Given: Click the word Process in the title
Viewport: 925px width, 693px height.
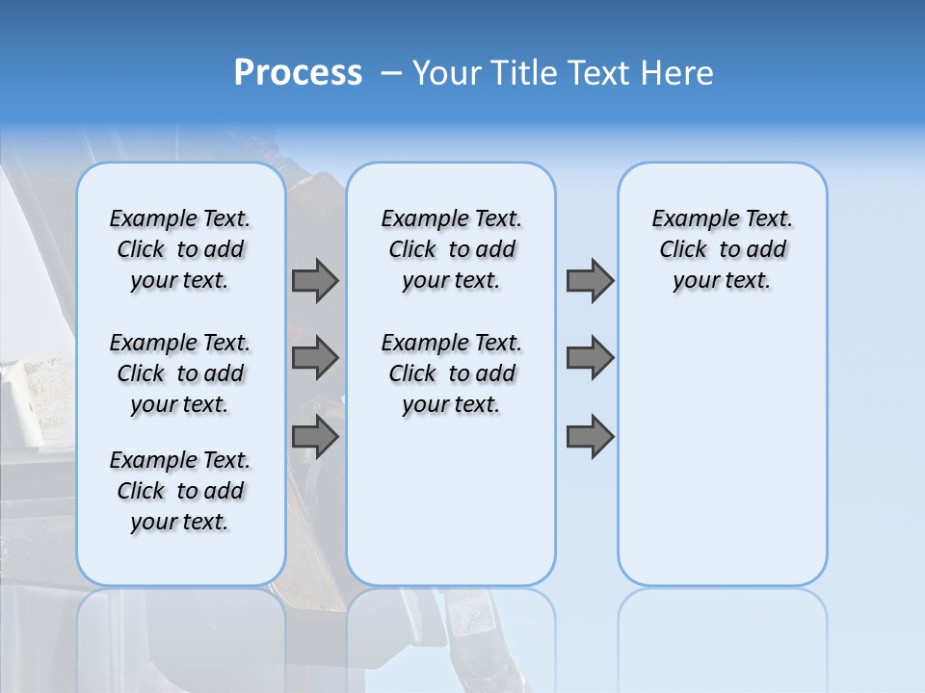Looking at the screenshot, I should pos(298,72).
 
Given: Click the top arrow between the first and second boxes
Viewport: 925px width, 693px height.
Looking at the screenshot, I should pos(315,280).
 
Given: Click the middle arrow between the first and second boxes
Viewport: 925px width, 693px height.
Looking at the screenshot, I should pos(315,358).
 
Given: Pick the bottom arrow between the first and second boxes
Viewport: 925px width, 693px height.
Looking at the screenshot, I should pos(315,437).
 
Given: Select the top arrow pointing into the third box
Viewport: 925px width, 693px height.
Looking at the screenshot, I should pos(590,280).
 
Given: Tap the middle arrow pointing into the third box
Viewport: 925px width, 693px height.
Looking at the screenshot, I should pos(590,358).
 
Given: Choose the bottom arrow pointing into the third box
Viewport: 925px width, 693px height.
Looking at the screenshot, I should pos(590,437).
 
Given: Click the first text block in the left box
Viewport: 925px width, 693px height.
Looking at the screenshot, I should pos(180,249).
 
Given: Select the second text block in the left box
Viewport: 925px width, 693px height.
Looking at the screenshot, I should pos(180,373).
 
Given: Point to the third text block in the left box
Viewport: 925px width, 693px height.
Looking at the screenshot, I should pos(180,491).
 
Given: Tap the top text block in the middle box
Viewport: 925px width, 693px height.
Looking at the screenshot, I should pos(451,249).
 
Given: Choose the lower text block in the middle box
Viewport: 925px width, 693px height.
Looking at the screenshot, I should pos(451,373).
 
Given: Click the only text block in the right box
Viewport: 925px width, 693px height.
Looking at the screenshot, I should pos(722,249).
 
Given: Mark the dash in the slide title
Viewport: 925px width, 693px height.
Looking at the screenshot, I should pos(391,73).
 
